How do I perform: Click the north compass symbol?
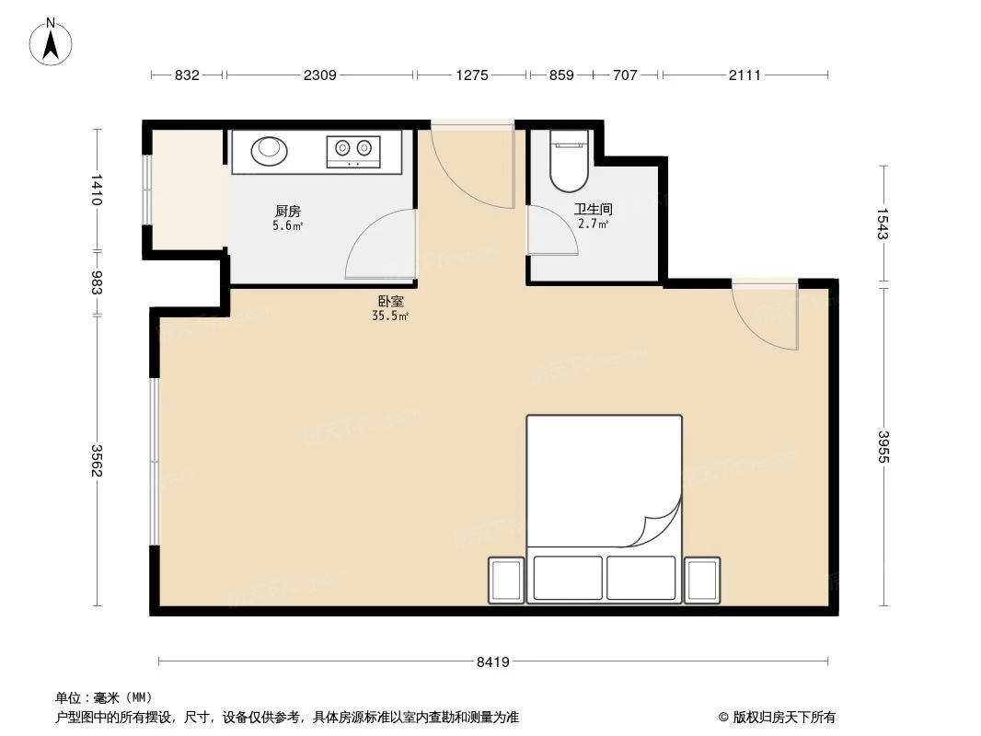tap(52, 41)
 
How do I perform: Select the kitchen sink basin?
tap(269, 150)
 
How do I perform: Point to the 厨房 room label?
tap(288, 211)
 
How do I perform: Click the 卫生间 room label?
tap(593, 210)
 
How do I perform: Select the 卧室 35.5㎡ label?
tap(391, 307)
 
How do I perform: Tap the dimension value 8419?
tap(493, 661)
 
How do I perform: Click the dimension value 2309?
tap(319, 75)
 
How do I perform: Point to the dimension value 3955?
tap(884, 447)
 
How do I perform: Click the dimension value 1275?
tap(471, 75)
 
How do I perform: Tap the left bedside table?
tap(506, 580)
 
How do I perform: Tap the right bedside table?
tap(703, 580)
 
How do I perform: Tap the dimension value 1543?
tap(884, 224)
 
